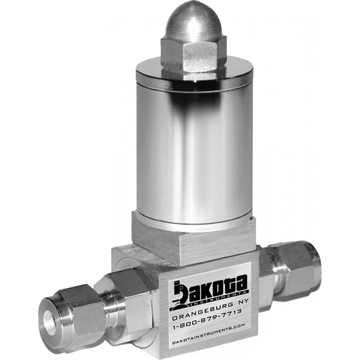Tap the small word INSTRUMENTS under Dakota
(x=219, y=298)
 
